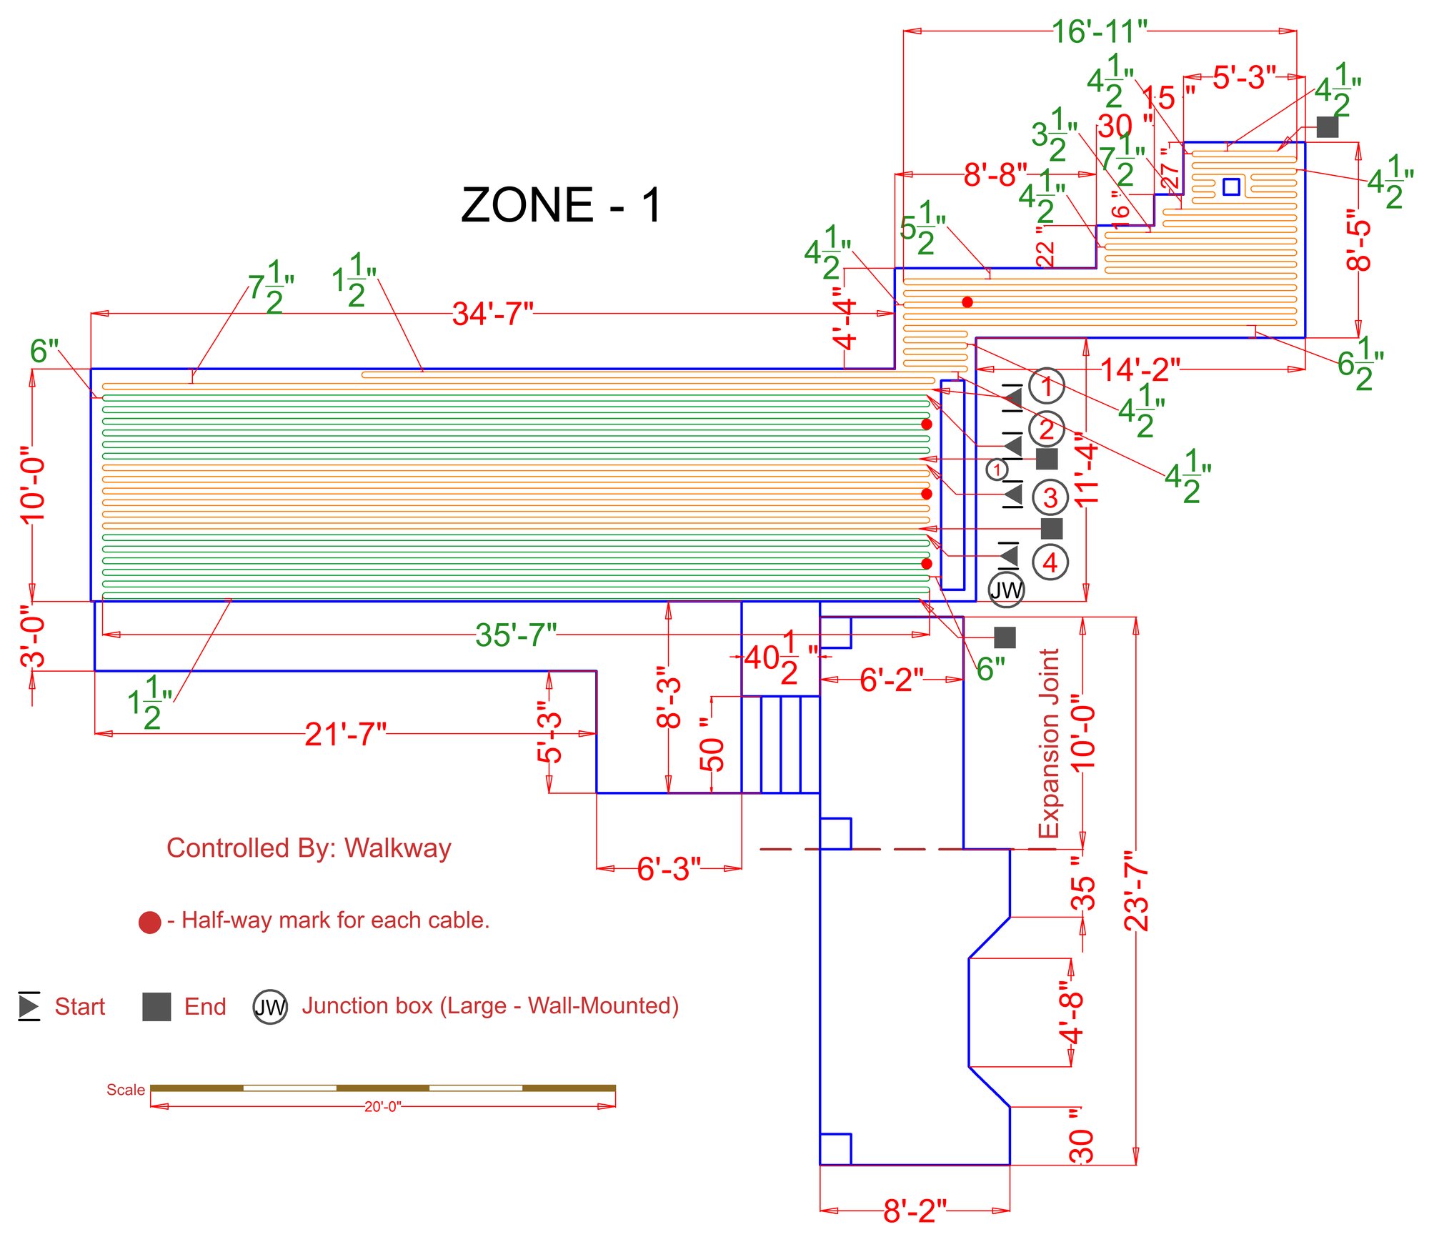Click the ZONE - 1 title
tap(562, 205)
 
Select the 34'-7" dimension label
tap(492, 314)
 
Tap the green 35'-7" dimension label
tap(515, 635)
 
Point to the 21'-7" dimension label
tap(345, 734)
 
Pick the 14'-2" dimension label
tap(1140, 369)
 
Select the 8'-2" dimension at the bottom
tap(915, 1211)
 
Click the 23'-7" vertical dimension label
tap(1136, 890)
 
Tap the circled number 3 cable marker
tap(1050, 497)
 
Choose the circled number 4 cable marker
tap(1050, 562)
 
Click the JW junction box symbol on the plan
tap(1006, 590)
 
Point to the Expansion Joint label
tap(1048, 743)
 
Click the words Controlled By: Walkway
tap(309, 848)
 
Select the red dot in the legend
tap(149, 923)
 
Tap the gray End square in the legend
tap(156, 1007)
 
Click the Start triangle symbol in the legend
tap(29, 1006)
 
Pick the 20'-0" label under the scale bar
tap(383, 1106)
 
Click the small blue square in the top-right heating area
tap(1231, 187)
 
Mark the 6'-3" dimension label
tap(669, 869)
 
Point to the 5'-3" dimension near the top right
tap(1244, 77)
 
